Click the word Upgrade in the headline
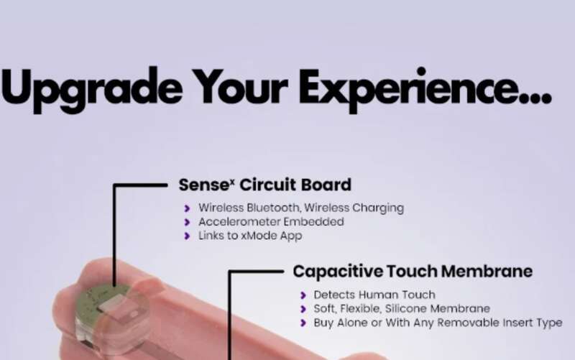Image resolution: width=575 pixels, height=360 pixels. tap(92, 89)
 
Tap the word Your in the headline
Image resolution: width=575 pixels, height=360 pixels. tap(240, 87)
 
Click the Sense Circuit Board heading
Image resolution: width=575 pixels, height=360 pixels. tap(264, 185)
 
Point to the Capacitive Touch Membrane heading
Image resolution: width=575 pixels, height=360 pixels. tap(413, 272)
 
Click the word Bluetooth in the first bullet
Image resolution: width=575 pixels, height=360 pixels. tap(274, 208)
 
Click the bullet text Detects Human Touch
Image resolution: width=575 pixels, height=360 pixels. tap(374, 295)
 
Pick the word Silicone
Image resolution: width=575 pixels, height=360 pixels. tap(406, 309)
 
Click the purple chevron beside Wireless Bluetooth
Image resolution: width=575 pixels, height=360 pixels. tap(187, 208)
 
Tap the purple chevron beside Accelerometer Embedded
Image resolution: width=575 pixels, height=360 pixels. tap(187, 222)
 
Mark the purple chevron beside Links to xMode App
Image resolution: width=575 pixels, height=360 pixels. tap(187, 236)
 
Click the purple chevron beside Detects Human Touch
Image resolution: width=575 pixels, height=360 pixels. tap(303, 295)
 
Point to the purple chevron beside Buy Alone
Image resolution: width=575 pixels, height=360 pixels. tap(303, 323)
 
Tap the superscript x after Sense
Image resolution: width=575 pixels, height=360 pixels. tap(232, 181)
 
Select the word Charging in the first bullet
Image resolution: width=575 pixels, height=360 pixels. tap(378, 208)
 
